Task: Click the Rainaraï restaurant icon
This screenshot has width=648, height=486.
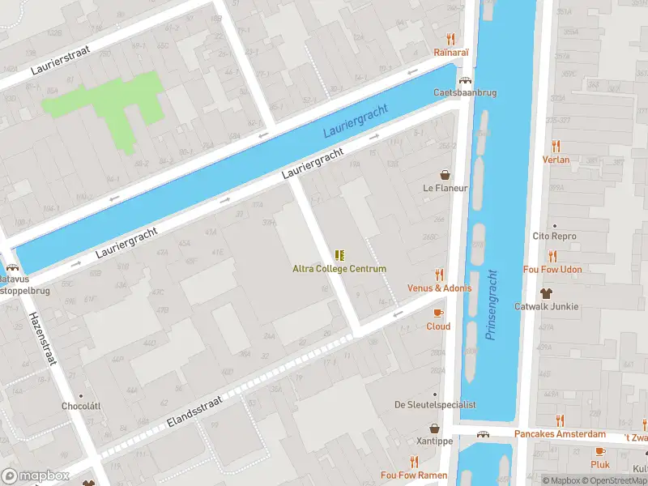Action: [x=451, y=39]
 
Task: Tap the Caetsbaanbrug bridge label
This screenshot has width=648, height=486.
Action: [x=465, y=93]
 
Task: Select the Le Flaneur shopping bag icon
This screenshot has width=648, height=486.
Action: [x=446, y=174]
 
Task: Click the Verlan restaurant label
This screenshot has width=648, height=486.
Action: [x=556, y=160]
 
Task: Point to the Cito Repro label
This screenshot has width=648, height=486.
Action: [x=554, y=237]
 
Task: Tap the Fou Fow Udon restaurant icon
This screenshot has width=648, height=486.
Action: [x=553, y=256]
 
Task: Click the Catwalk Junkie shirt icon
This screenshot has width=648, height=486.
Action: [x=547, y=293]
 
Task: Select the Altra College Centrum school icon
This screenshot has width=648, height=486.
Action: [x=339, y=255]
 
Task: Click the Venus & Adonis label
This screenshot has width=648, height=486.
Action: [x=440, y=288]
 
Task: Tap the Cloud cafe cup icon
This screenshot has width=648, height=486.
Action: [x=438, y=313]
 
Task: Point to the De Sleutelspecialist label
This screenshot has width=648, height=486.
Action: [x=434, y=404]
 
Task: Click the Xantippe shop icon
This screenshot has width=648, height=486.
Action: [x=435, y=428]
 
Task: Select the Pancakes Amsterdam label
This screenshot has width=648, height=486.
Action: [x=560, y=435]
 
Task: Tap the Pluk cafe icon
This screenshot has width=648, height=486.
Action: [x=600, y=451]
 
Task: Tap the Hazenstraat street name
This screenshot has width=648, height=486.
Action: [x=42, y=339]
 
